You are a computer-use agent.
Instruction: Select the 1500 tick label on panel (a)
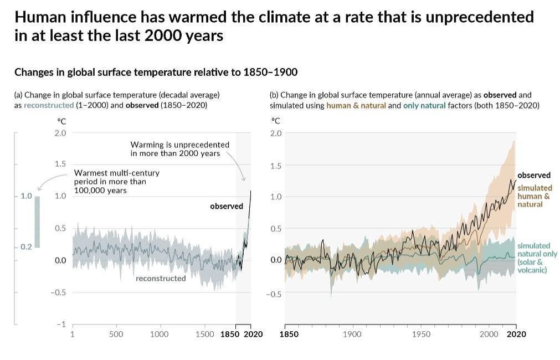point(205,335)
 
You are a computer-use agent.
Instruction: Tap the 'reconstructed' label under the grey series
point(161,279)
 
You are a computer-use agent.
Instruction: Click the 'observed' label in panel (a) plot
point(227,207)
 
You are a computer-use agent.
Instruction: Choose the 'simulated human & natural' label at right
point(535,196)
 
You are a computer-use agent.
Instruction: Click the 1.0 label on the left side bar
point(26,196)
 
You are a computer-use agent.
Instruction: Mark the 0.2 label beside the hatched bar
point(26,247)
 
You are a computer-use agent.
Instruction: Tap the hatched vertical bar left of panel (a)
point(38,222)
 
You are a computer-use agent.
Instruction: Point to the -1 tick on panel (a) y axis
point(63,325)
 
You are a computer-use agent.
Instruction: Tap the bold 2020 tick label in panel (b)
point(516,335)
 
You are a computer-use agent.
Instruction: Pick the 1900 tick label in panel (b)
point(352,335)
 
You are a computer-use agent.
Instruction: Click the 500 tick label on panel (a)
point(116,335)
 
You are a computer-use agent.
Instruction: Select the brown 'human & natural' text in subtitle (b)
point(356,105)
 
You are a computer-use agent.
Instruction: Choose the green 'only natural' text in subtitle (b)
point(424,105)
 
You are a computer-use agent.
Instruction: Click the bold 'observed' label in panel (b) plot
point(534,176)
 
